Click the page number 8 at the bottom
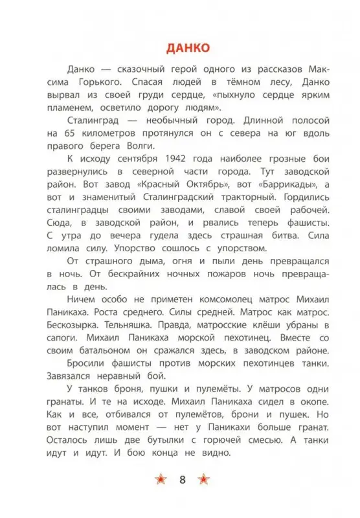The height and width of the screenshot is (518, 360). coord(181,480)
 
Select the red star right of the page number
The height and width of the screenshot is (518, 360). coord(203,480)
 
